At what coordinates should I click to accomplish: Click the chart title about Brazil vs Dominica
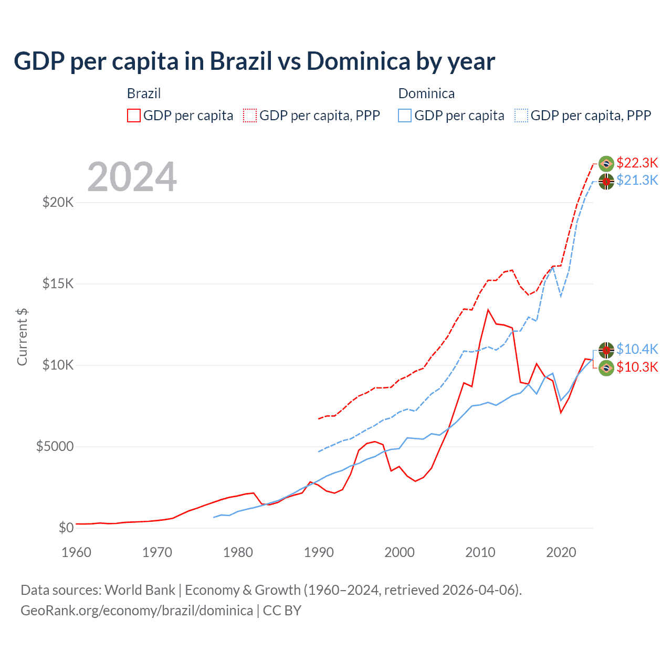254,61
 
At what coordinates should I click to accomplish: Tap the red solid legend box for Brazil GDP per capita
134,115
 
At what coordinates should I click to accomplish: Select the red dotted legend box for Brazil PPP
250,115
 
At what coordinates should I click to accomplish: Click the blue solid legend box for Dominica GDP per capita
405,115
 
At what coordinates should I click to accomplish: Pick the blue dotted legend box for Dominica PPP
521,115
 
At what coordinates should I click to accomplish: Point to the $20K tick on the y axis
58,202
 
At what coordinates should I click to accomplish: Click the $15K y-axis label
58,283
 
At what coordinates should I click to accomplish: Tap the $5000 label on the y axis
55,446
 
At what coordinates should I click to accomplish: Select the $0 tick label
66,528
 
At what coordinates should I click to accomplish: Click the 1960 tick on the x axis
76,552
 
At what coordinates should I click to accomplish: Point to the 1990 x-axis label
319,552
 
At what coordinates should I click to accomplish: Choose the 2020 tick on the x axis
561,552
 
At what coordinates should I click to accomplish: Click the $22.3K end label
637,163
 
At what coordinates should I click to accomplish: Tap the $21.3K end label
637,180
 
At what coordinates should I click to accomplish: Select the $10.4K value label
637,349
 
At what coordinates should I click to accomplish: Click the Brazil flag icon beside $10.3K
606,368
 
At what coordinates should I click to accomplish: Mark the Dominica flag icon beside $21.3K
606,182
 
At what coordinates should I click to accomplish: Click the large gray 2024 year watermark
132,177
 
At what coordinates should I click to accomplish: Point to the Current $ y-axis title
22,337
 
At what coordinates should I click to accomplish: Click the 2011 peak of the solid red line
488,310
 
